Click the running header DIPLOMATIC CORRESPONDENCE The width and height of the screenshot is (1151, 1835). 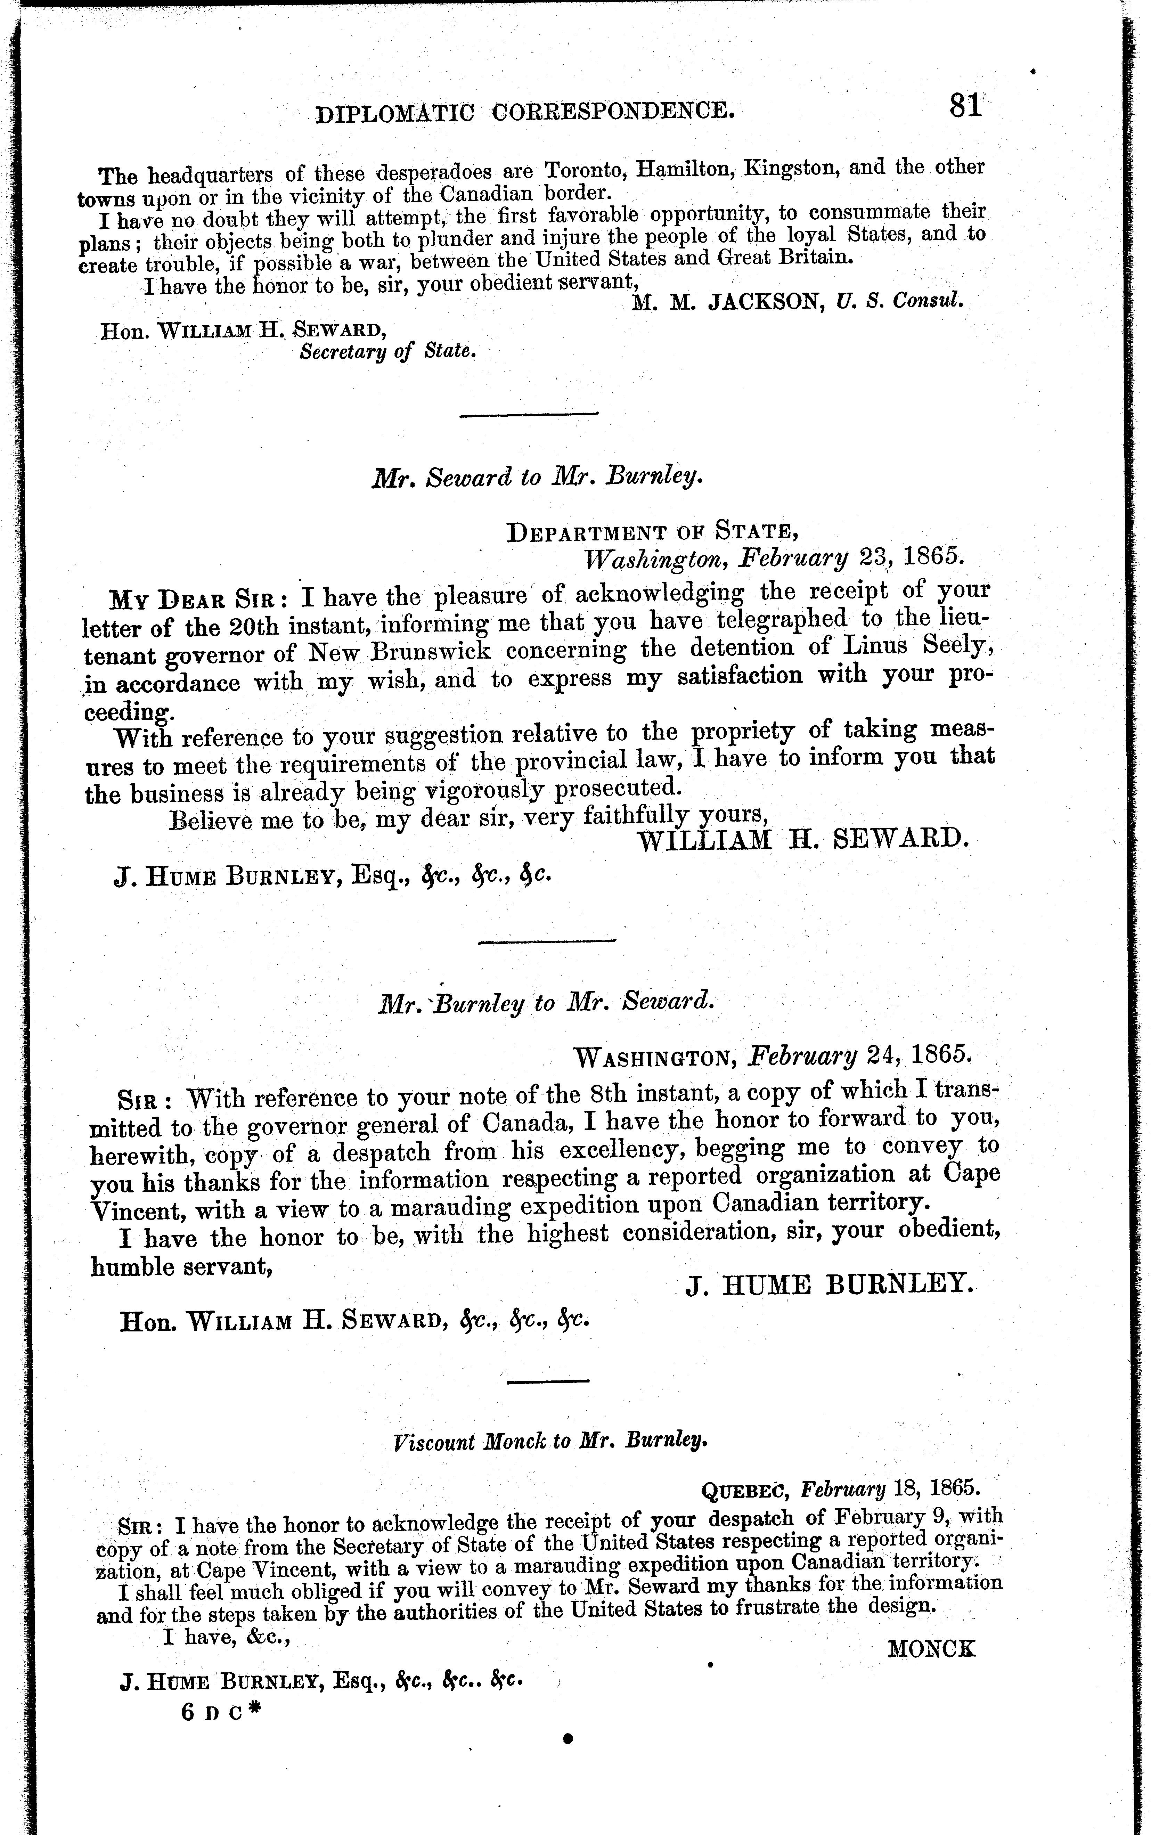tap(525, 113)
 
